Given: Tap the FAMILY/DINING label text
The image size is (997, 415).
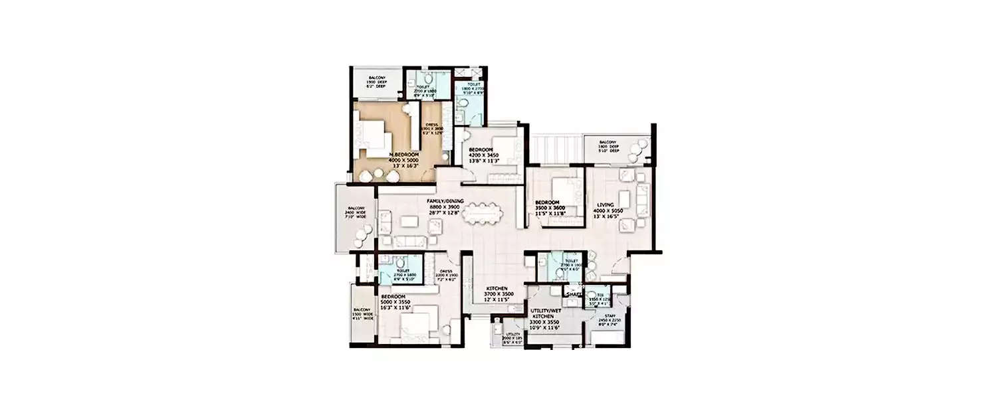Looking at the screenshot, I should (445, 199).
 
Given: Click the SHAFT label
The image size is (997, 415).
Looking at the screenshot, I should (573, 293).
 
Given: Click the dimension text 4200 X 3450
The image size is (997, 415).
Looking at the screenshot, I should (482, 155).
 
